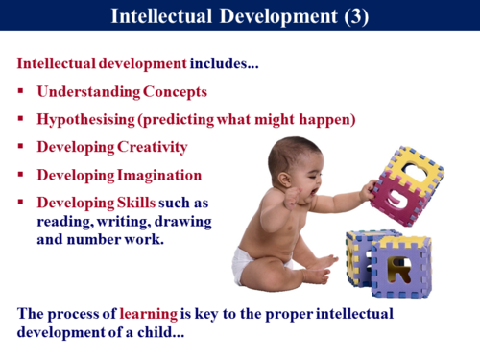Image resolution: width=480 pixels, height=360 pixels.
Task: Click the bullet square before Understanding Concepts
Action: [x=21, y=92]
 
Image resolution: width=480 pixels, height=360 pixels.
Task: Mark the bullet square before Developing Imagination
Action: [x=21, y=176]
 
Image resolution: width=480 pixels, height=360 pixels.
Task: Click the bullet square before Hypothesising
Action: [x=21, y=120]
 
